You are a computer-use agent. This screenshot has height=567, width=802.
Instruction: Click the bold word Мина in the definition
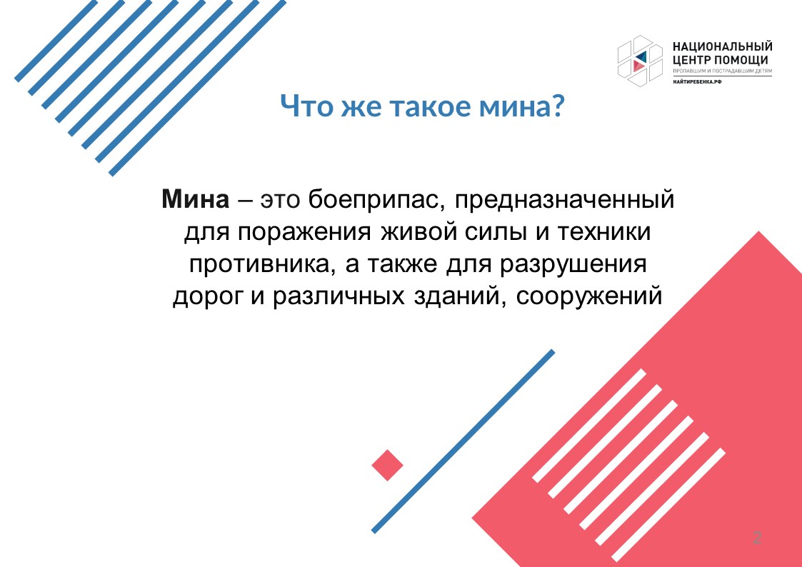[x=196, y=199]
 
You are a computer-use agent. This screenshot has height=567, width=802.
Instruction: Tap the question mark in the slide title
[x=557, y=106]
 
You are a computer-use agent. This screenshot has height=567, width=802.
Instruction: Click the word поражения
[x=304, y=233]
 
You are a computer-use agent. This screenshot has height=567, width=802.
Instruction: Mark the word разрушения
[x=573, y=266]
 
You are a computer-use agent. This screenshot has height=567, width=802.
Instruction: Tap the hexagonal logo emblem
[x=639, y=60]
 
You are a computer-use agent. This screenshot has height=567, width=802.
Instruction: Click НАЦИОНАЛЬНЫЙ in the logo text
[x=722, y=47]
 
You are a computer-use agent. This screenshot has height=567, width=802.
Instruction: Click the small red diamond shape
[x=387, y=466]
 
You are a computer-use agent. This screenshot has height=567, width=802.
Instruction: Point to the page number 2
[x=757, y=537]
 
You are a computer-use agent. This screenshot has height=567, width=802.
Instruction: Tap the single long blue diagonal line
[x=463, y=441]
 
